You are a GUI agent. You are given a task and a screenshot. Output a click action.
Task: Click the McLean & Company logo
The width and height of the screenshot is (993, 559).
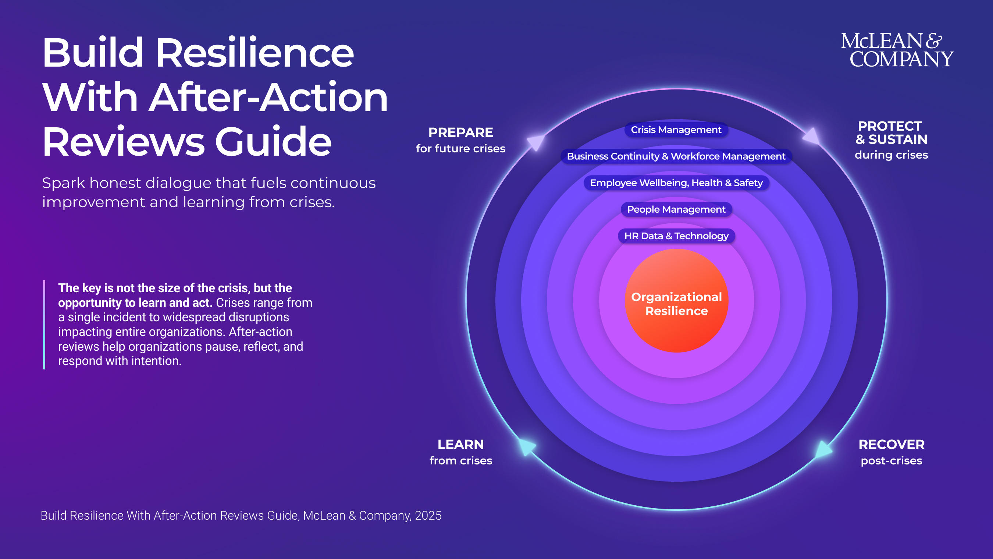pos(897,50)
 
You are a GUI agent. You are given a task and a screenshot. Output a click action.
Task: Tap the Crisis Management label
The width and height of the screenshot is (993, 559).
pos(676,130)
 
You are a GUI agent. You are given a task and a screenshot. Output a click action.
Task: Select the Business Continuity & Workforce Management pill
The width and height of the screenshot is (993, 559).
pos(676,156)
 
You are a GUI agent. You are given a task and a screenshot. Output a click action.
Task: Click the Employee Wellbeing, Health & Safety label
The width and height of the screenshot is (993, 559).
pos(676,183)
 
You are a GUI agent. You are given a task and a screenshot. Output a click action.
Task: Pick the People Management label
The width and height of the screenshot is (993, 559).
pos(676,209)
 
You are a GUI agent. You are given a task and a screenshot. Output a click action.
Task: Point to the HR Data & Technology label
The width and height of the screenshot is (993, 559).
pos(676,236)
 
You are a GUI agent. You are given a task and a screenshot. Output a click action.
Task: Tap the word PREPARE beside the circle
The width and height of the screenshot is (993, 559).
pos(461,133)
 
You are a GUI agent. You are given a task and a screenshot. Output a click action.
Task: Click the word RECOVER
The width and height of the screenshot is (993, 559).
pos(891,445)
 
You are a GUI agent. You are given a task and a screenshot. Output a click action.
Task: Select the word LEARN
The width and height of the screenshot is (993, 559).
pos(461,445)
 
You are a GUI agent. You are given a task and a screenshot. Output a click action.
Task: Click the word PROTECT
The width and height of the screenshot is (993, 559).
pos(890,126)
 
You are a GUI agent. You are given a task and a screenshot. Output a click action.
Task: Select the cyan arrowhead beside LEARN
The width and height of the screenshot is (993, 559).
pos(527,447)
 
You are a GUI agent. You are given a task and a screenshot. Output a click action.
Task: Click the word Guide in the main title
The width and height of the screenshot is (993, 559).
pos(273,142)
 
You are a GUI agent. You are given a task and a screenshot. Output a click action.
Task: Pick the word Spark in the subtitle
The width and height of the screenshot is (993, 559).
pos(63,183)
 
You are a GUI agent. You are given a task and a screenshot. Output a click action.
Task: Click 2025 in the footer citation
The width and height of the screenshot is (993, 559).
pos(428,516)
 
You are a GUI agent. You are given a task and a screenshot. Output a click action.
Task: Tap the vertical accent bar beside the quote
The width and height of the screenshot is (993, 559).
pos(45,325)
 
